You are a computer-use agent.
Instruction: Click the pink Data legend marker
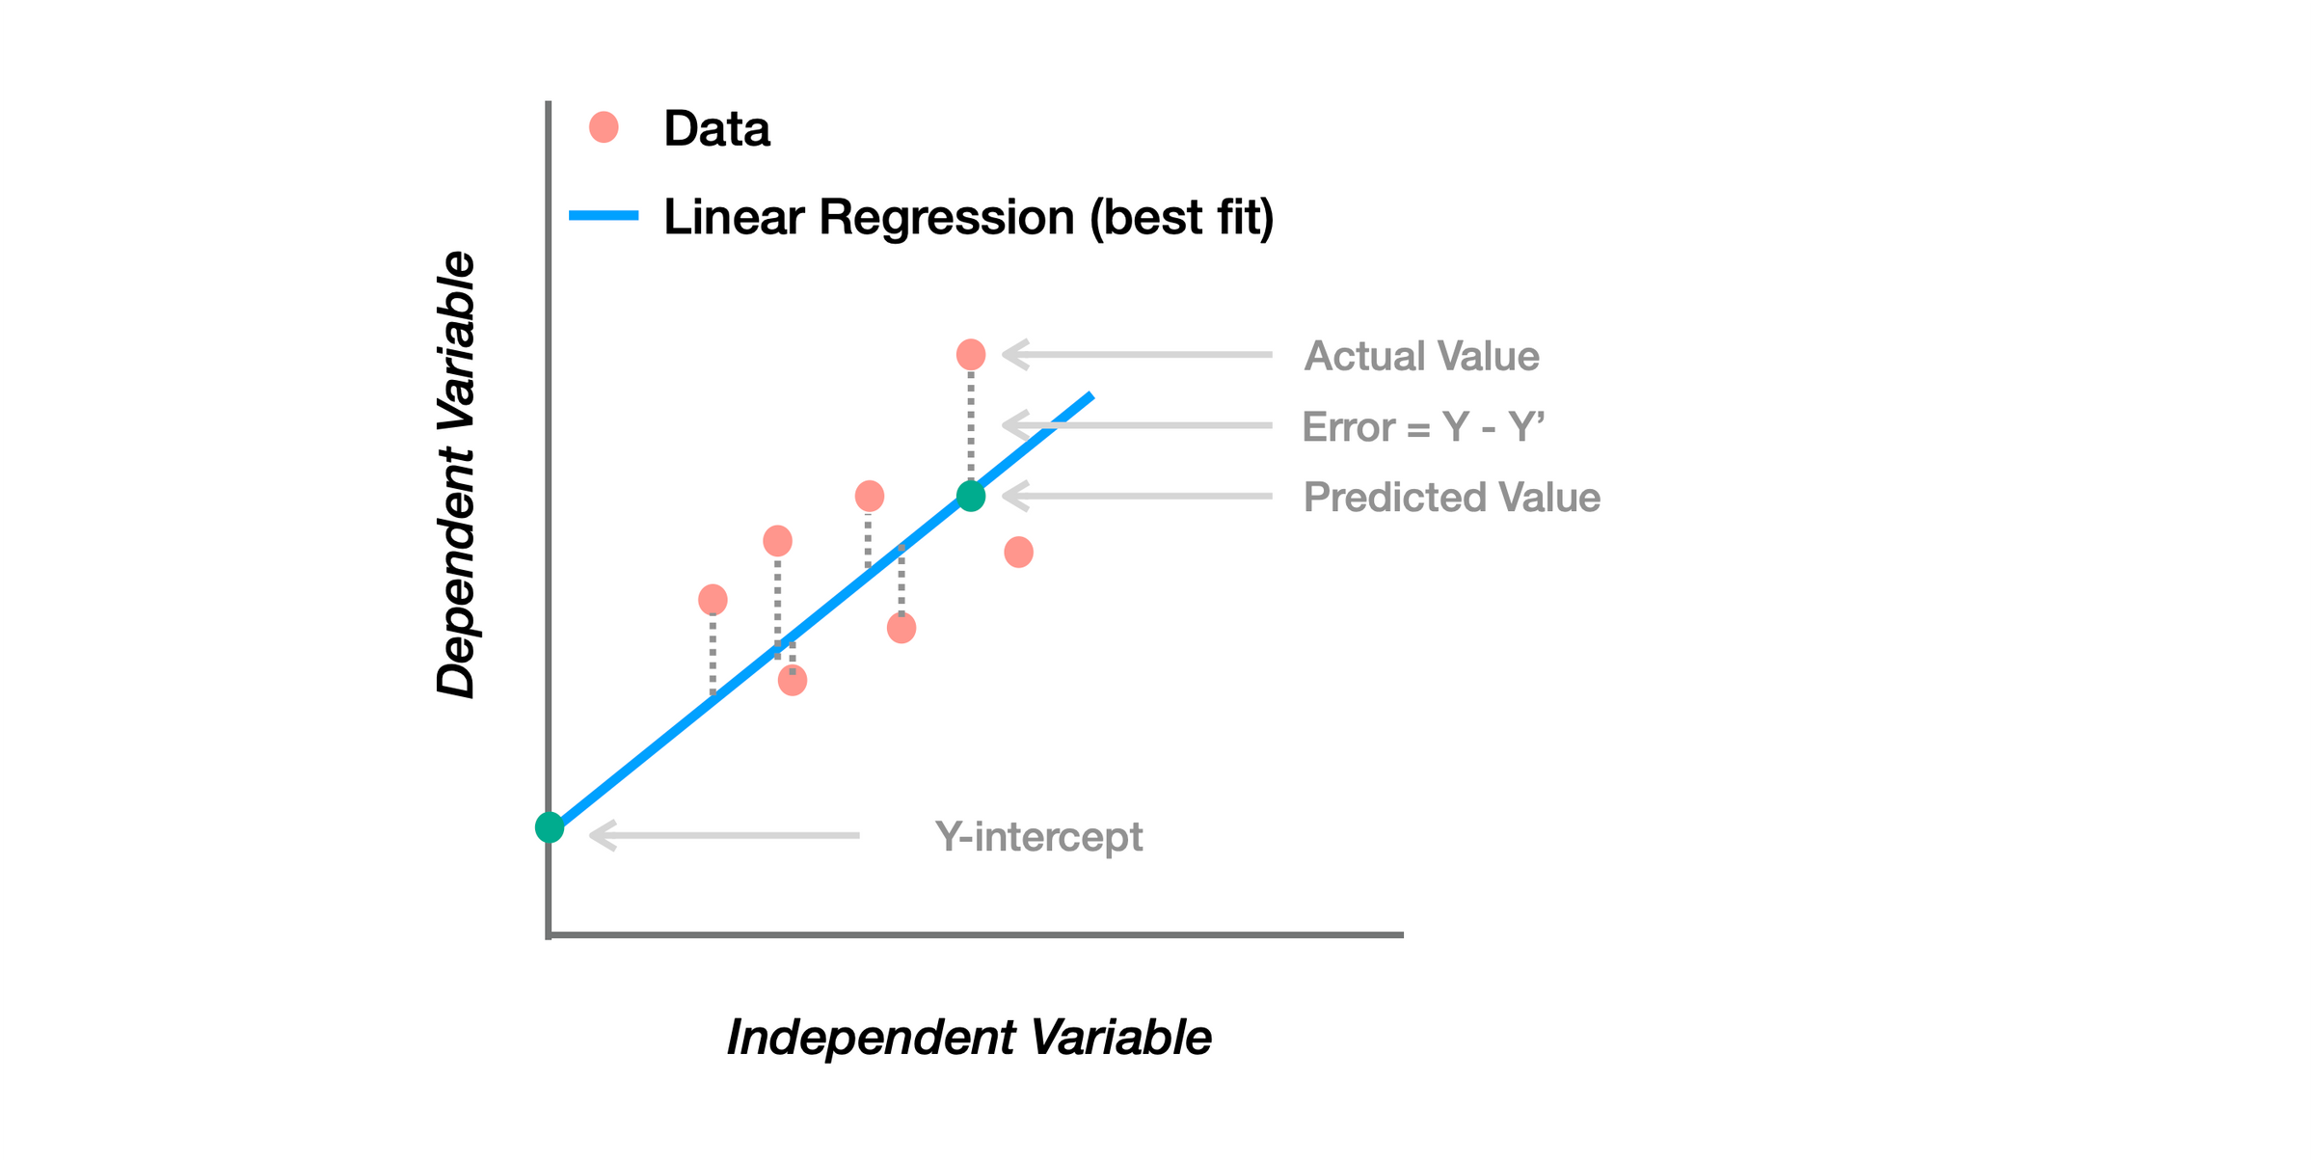604,127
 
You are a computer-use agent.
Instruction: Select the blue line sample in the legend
604,216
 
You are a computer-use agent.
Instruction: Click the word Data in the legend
716,128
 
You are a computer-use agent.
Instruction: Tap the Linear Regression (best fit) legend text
968,217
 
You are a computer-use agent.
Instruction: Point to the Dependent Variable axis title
456,474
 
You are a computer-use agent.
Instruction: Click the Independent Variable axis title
968,1038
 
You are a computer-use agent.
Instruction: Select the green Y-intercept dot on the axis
550,827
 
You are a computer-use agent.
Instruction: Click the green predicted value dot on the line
971,497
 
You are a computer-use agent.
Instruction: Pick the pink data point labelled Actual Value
971,355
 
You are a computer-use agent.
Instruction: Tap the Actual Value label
1421,356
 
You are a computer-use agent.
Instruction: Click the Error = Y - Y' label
1423,426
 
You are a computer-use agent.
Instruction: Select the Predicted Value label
1451,498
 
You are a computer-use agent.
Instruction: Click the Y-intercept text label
1038,836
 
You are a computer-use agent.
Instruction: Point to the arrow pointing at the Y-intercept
723,835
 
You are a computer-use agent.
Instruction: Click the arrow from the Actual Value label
1138,355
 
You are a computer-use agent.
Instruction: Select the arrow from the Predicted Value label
1138,497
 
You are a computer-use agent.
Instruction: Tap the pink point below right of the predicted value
1019,553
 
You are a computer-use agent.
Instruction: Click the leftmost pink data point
713,600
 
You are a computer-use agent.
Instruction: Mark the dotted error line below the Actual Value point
971,424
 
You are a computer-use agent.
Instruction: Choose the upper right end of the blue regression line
1090,395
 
